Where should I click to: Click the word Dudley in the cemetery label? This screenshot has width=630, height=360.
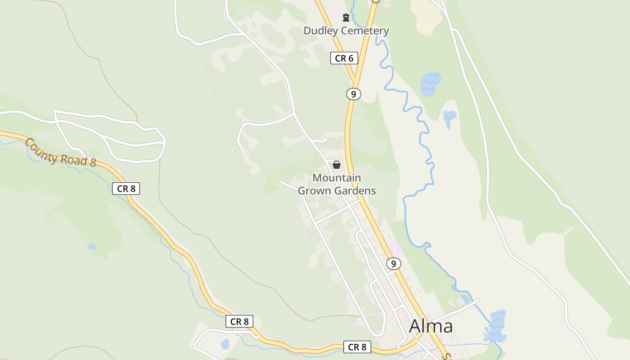[x=318, y=31]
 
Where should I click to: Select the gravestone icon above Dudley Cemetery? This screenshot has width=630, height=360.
[x=346, y=18]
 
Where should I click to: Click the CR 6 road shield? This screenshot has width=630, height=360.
[x=344, y=58]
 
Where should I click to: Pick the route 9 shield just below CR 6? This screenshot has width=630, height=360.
[x=354, y=94]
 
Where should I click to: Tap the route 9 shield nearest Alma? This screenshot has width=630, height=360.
[x=393, y=264]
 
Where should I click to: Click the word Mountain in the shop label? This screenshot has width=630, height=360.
[x=337, y=178]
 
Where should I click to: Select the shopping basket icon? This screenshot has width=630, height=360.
[x=337, y=165]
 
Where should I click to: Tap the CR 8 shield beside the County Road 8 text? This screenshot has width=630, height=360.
[x=126, y=189]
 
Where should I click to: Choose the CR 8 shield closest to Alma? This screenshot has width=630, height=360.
[x=357, y=347]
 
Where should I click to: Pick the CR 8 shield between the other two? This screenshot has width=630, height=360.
[x=239, y=321]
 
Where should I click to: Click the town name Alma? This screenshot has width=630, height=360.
[x=431, y=326]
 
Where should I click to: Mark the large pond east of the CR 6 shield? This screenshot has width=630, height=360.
[x=430, y=83]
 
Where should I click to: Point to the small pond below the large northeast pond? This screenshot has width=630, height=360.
[x=449, y=118]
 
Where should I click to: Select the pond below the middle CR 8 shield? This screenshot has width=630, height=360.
[x=225, y=344]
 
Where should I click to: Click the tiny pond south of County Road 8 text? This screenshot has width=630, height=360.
[x=92, y=246]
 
